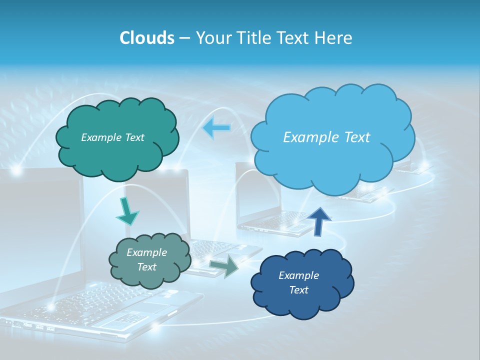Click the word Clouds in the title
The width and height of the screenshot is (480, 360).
146,38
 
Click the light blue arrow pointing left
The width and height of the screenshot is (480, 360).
216,128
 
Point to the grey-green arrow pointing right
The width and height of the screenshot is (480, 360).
224,267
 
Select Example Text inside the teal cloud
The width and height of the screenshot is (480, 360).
112,137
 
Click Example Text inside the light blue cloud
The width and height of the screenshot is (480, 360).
326,137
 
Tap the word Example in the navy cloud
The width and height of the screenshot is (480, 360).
298,275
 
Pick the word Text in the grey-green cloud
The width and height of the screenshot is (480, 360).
146,267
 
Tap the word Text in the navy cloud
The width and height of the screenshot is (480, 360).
298,290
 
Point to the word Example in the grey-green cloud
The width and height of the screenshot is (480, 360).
146,252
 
